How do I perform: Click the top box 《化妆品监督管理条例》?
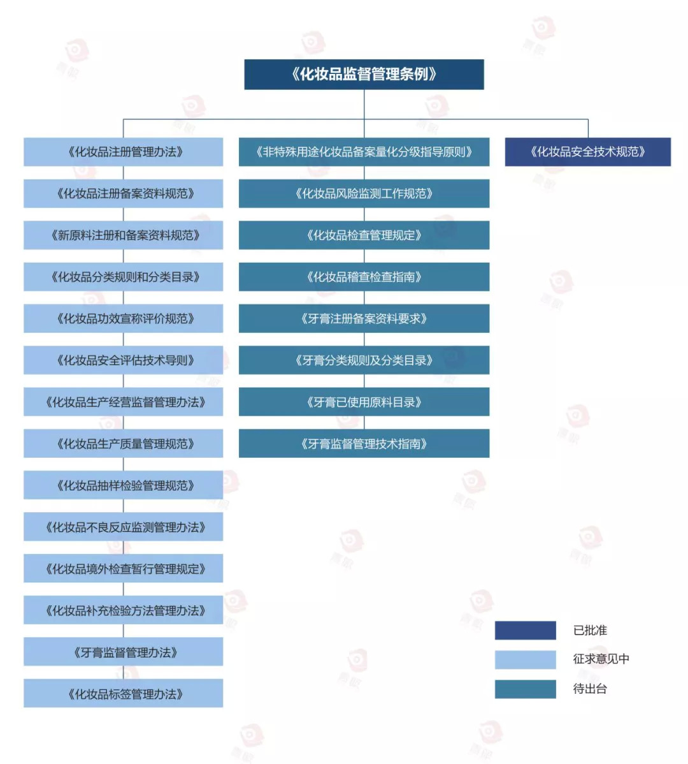(x=364, y=74)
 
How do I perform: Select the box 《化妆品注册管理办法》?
(x=124, y=152)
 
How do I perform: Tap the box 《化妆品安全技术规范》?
(x=587, y=152)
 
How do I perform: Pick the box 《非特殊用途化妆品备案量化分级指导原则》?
(x=364, y=152)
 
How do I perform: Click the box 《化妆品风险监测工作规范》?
(x=364, y=193)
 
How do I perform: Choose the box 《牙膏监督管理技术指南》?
(x=364, y=444)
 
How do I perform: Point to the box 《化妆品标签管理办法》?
(x=124, y=694)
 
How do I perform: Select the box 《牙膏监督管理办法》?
(x=124, y=652)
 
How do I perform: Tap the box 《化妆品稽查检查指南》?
(x=364, y=277)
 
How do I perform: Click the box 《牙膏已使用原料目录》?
(x=364, y=402)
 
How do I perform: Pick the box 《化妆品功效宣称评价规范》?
(x=124, y=319)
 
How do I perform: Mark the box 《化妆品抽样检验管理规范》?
(x=124, y=485)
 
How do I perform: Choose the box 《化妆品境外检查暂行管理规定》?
(x=124, y=569)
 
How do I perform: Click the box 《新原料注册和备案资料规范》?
(x=124, y=235)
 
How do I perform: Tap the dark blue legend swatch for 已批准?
(x=525, y=630)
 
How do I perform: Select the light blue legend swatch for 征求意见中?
(x=525, y=659)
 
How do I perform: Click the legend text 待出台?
(x=590, y=689)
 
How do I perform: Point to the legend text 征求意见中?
(x=601, y=659)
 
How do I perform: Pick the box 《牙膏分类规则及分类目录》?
(x=364, y=360)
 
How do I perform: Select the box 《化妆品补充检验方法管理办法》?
(x=124, y=610)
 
